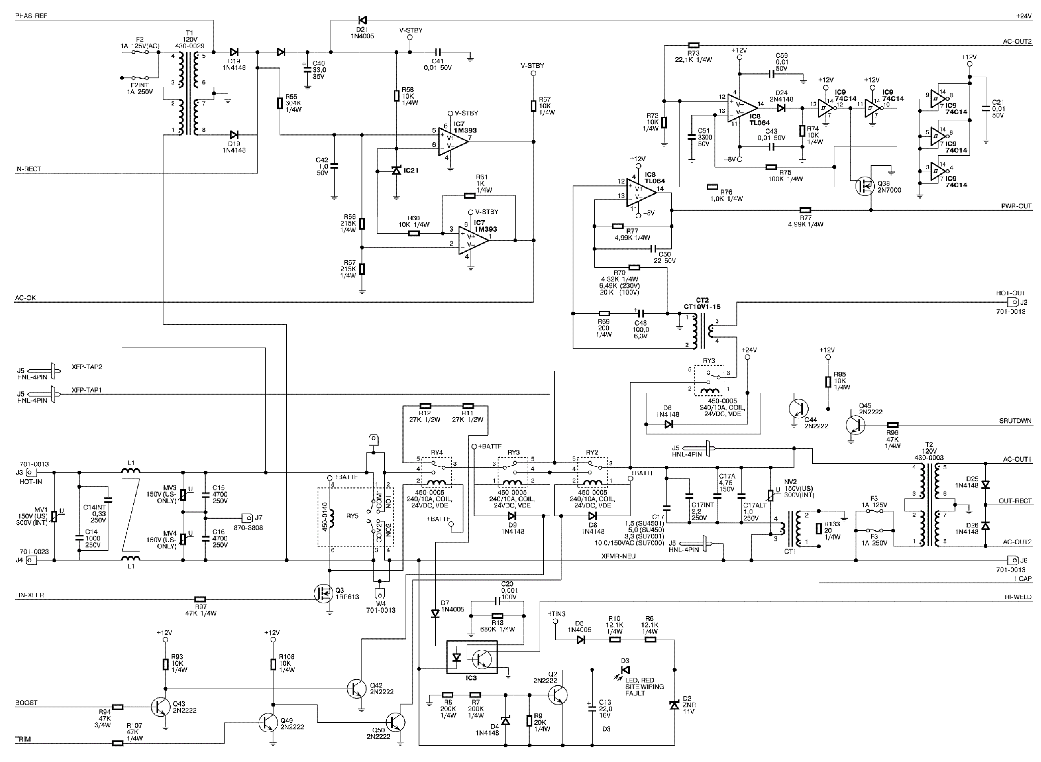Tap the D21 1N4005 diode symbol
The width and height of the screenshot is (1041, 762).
(x=362, y=20)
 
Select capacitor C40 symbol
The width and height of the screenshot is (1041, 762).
(x=307, y=69)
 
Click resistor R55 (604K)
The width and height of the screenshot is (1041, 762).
(x=280, y=103)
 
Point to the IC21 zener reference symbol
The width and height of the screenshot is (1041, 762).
(x=396, y=171)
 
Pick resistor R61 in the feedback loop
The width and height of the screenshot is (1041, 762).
(x=470, y=195)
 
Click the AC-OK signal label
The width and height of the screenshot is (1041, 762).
(x=25, y=298)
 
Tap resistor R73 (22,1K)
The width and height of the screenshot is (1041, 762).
(x=694, y=45)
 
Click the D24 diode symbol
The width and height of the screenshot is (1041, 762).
(x=781, y=108)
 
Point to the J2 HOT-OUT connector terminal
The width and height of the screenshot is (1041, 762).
(x=1013, y=303)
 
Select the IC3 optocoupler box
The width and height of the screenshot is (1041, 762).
(x=472, y=657)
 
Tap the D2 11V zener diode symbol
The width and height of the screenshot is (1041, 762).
(x=675, y=705)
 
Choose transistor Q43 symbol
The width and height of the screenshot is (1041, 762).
(x=160, y=706)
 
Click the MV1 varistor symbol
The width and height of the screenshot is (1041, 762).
(x=54, y=516)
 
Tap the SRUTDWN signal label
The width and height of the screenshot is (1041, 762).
(x=1015, y=421)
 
